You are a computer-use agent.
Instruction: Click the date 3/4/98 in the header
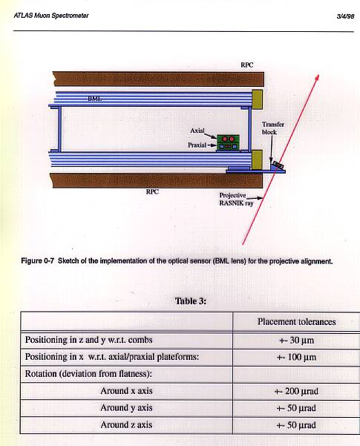coord(345,16)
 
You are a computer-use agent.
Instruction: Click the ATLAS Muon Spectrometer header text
coord(51,16)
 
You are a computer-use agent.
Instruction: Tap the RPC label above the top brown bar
coord(246,65)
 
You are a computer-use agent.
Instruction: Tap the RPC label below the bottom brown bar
coord(152,191)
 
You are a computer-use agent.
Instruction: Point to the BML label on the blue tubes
coord(94,99)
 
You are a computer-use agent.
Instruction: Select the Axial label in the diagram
coord(197,131)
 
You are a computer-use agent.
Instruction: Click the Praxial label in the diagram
coord(197,145)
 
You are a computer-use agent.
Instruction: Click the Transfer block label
coord(273,128)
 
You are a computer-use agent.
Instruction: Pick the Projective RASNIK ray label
coord(236,199)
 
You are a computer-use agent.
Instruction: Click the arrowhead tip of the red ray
coord(318,75)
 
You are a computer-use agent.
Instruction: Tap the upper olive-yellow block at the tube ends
coord(258,99)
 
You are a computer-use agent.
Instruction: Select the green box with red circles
coord(228,142)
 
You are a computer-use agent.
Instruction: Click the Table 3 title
coord(190,301)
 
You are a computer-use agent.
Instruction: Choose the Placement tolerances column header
coord(297,322)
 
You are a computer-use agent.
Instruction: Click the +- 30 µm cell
coord(297,340)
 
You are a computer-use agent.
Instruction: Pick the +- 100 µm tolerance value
coord(297,357)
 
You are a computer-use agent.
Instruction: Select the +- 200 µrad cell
coord(296,391)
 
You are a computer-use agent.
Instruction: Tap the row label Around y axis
coord(126,408)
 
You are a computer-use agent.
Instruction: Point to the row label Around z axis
coord(126,424)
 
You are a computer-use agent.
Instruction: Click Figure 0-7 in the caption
coord(37,261)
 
